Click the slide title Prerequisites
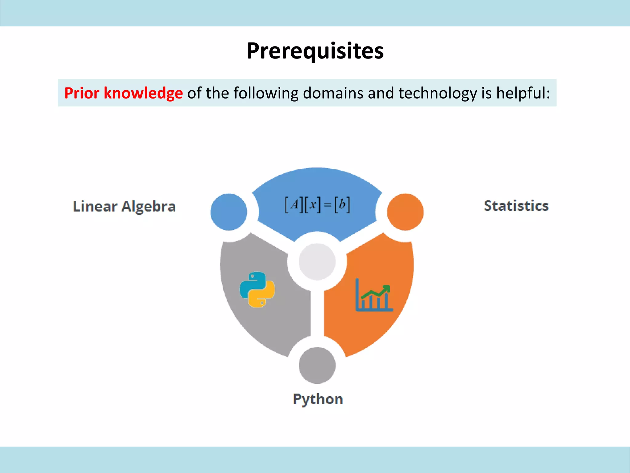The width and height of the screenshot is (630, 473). pos(315,51)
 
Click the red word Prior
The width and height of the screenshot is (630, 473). pos(82,93)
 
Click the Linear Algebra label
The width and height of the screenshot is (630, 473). pos(124,206)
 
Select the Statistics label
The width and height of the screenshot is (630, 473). pos(516,206)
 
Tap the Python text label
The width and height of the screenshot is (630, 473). pos(318,399)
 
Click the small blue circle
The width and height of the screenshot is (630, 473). pos(229,212)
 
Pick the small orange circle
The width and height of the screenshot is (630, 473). pos(405,212)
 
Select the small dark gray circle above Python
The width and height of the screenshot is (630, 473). pos(317,365)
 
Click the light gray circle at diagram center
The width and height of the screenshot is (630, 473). pos(317,262)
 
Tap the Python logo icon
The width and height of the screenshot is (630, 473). pos(257,289)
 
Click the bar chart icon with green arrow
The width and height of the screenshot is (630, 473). pos(374,296)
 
